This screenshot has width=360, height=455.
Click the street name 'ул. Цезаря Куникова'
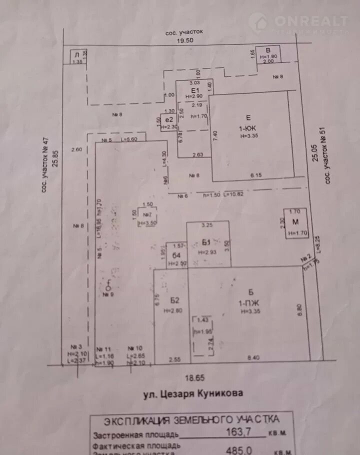tap(193, 393)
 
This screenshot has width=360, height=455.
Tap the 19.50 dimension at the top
tap(184, 42)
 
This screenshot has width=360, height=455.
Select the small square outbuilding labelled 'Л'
tap(76, 54)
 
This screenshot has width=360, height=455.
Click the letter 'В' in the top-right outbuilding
tap(268, 50)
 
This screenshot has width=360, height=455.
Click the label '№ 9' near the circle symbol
tap(107, 294)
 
